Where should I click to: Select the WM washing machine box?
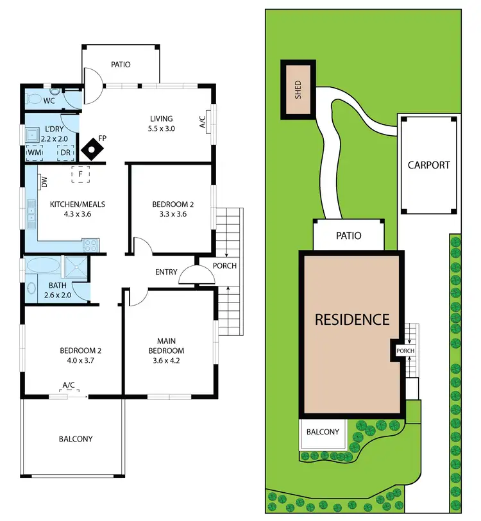[x=34, y=153]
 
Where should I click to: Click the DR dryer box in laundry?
[x=66, y=153]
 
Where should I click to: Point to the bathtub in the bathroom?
[x=44, y=265]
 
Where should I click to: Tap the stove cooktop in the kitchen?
[x=90, y=244]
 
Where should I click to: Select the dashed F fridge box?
[x=80, y=174]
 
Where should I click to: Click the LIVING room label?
[x=162, y=119]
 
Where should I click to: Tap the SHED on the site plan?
[x=298, y=90]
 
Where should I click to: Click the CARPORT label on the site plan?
[x=428, y=165]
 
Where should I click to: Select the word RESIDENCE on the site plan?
[x=351, y=318]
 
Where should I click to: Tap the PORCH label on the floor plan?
[x=225, y=266]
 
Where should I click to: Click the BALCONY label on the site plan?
[x=322, y=432]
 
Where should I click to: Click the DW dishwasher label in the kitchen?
[x=44, y=183]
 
